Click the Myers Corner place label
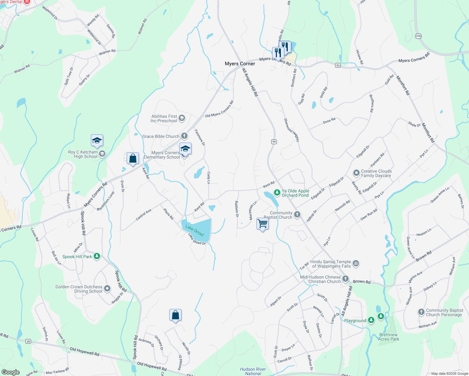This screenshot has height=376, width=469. [240, 64]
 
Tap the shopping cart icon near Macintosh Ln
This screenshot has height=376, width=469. [262, 224]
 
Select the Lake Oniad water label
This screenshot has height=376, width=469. [194, 230]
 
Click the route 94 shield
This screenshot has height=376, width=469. [274, 142]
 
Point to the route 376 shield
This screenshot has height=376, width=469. [418, 36]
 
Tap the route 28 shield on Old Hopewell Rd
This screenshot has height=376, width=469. [28, 341]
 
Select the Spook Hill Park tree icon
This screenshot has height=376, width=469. [97, 256]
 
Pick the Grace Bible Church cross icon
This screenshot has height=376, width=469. [184, 136]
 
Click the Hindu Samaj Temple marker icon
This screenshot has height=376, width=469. [356, 264]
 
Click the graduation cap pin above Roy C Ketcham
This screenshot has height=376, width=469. [97, 141]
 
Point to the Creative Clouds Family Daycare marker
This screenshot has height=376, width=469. [356, 173]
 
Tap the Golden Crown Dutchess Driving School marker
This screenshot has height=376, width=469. [107, 289]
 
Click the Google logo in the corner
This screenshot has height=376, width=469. [10, 372]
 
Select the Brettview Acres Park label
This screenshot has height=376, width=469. [388, 337]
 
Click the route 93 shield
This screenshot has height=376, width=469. [338, 65]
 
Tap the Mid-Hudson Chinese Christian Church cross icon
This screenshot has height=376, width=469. [345, 279]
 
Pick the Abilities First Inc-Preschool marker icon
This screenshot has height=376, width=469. [182, 118]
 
